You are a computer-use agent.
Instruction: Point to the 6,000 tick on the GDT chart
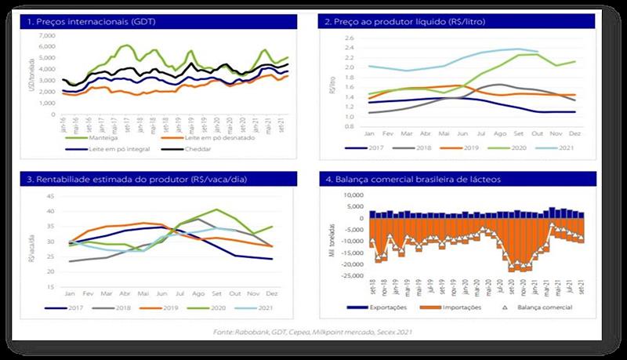click(48, 45)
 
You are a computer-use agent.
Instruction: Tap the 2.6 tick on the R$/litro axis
click(350, 38)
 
